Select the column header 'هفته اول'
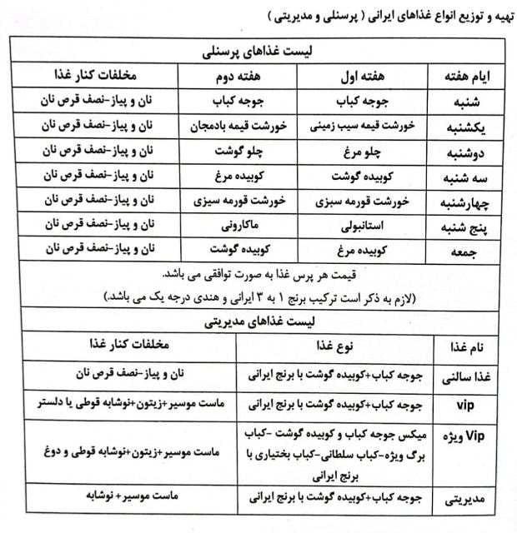(364, 75)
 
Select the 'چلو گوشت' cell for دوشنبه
(248, 152)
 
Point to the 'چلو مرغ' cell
(363, 152)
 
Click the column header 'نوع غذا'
(338, 346)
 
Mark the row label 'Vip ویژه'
(467, 441)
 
